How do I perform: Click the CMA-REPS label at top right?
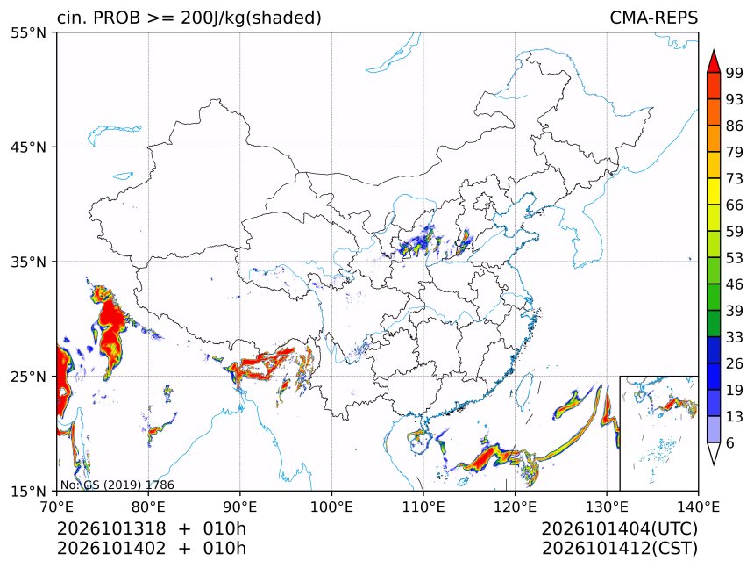coord(653,18)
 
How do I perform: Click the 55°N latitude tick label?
coord(28,32)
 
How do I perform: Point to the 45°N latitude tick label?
coord(28,147)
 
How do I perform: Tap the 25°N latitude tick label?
coord(28,376)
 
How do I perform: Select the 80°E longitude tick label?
coord(148,507)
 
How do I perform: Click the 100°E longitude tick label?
coord(331,507)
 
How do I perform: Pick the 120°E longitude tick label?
coord(515,507)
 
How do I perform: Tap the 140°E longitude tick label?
coord(698,507)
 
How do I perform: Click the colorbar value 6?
coord(730,442)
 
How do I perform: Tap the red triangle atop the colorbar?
coord(714,62)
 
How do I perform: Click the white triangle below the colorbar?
coord(714,452)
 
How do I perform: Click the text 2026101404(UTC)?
coord(619,529)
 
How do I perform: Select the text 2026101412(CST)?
coord(619,549)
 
